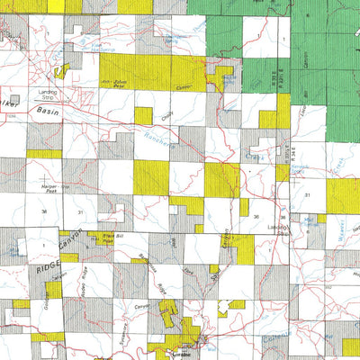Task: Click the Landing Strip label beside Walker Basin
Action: click(49, 94)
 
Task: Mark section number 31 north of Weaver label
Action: click(307, 194)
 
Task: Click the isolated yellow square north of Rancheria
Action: click(143, 116)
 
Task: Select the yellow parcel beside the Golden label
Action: click(54, 290)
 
